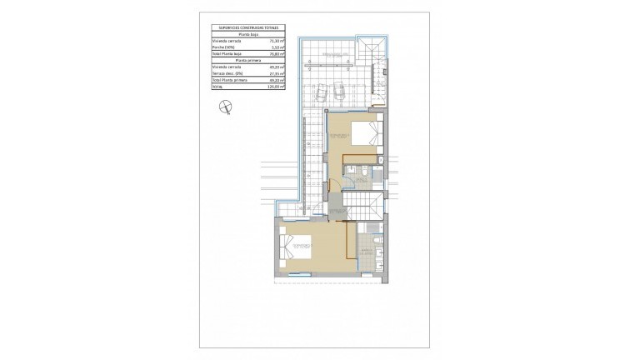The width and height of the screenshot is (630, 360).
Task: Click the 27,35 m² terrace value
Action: pos(277,72)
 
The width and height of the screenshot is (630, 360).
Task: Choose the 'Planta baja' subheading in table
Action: pos(249,32)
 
